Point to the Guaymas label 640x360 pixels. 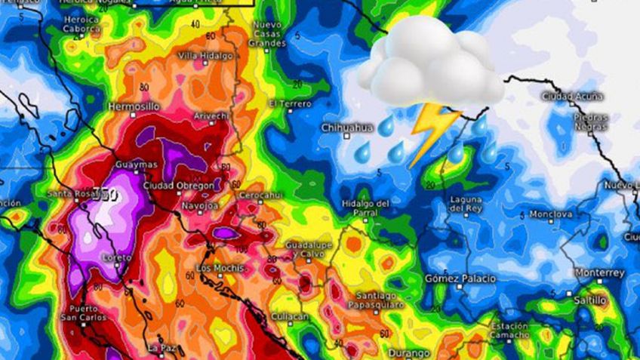pyautogui.click(x=137, y=165)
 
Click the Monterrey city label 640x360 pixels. pyautogui.click(x=599, y=272)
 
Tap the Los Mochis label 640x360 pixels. pyautogui.click(x=220, y=269)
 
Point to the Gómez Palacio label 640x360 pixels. pyautogui.click(x=460, y=278)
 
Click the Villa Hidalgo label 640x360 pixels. pyautogui.click(x=205, y=56)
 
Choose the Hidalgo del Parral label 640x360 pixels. pyautogui.click(x=365, y=207)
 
